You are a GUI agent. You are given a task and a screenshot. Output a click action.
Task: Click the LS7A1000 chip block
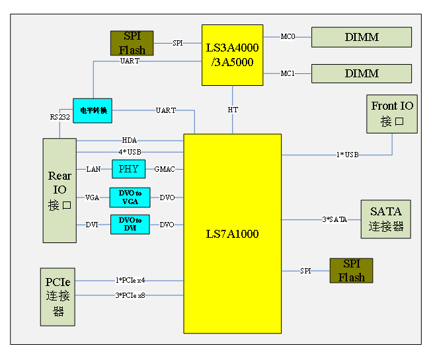[232, 234]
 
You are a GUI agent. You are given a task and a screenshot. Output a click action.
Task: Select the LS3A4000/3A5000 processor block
[232, 55]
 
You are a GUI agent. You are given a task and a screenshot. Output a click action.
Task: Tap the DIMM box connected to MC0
[361, 37]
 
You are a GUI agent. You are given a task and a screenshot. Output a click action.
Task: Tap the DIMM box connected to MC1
[361, 73]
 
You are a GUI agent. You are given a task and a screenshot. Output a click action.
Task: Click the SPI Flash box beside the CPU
[132, 43]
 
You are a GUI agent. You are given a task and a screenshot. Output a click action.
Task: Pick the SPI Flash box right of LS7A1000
[351, 271]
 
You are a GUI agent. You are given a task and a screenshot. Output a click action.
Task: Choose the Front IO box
[392, 114]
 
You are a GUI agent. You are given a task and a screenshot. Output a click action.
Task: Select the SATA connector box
[385, 219]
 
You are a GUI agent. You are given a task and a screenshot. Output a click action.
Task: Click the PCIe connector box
[58, 297]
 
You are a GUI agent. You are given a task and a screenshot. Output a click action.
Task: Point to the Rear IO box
[59, 190]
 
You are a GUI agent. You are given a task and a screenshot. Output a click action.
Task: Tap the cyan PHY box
[128, 169]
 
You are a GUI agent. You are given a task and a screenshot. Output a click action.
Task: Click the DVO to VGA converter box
[130, 197]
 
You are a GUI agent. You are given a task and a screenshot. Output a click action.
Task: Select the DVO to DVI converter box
[130, 225]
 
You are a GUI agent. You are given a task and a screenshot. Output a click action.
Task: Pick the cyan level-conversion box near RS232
[93, 110]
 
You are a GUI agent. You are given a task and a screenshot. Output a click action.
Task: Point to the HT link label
[233, 110]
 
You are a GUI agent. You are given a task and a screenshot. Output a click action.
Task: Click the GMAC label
[165, 170]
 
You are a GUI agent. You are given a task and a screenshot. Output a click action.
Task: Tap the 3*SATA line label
[334, 219]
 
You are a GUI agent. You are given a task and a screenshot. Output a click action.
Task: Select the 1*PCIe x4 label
[130, 281]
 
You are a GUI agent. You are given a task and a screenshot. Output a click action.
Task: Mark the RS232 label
[59, 117]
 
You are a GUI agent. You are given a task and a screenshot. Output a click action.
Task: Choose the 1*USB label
[348, 155]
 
